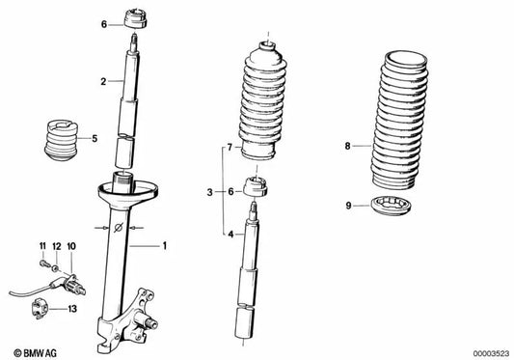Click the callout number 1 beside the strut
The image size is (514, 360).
[165, 245]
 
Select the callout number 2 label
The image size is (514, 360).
[103, 81]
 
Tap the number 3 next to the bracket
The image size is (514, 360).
[210, 192]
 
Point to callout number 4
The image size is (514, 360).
[230, 235]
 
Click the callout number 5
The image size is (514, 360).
[95, 138]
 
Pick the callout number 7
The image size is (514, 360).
[230, 148]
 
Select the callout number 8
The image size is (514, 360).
[347, 146]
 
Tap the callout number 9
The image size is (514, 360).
[348, 206]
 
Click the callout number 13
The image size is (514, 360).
[72, 309]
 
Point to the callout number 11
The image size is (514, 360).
[42, 246]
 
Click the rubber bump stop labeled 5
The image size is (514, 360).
[61, 141]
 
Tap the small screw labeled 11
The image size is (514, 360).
[43, 263]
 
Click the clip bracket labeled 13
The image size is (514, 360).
[40, 309]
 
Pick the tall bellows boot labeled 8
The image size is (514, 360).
[399, 120]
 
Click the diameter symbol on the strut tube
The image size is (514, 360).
[119, 227]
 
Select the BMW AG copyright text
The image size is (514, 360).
[35, 353]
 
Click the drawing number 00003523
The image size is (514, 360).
[491, 353]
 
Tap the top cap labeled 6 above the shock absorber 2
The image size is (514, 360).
[135, 19]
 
